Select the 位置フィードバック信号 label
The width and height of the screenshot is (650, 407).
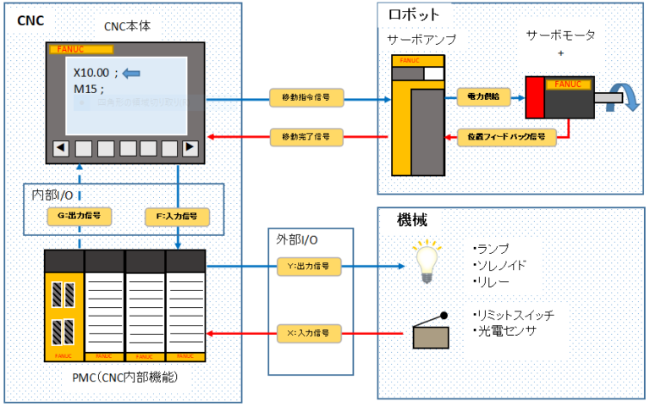pos(506,135)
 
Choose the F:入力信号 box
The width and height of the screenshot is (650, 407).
pos(177,216)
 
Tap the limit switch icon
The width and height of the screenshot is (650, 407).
pos(431,331)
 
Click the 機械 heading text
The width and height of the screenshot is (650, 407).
pos(412,221)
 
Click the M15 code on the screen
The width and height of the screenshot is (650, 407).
pos(88,89)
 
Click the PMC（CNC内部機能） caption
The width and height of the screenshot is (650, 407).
pos(124,377)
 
